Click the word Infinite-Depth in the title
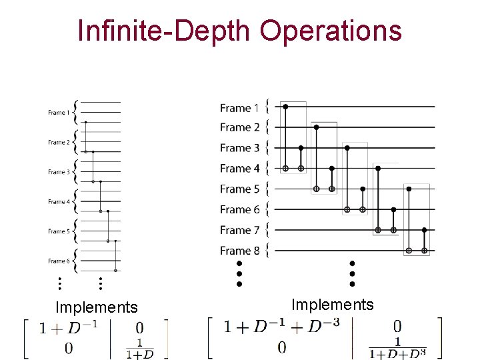164,31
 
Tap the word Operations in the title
331,31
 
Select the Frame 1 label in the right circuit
239,107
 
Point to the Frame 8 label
239,251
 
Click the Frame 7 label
239,230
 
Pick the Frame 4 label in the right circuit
239,168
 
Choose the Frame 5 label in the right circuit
239,189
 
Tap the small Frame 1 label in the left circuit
57,113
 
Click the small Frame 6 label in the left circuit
57,261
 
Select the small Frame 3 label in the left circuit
57,172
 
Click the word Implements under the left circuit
96,307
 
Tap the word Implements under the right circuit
333,305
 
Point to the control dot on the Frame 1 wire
285,106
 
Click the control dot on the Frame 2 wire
316,127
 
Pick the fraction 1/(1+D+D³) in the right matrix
398,349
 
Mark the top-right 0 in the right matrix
397,326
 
